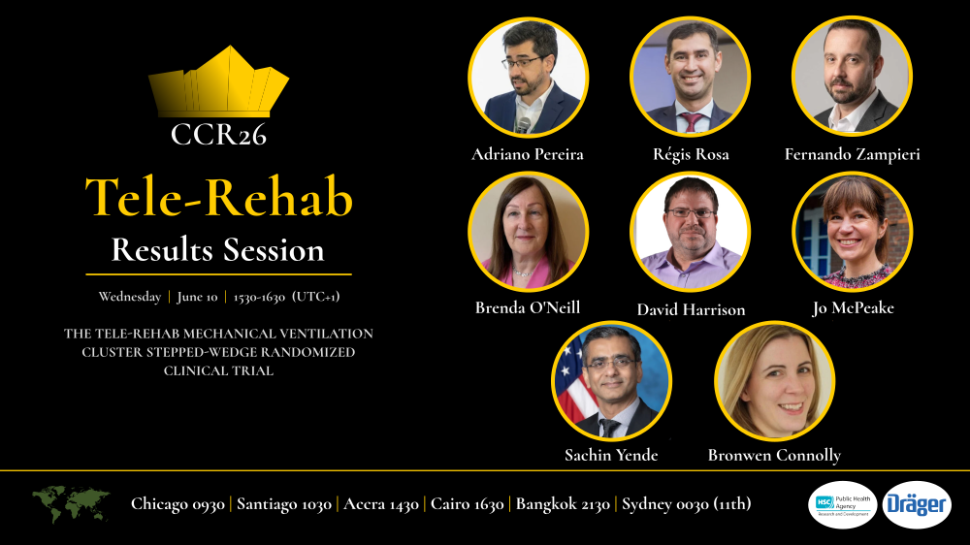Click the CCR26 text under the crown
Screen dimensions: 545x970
(x=218, y=134)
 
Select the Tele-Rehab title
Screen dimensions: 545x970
(x=218, y=197)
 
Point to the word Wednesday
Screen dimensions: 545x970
(x=130, y=297)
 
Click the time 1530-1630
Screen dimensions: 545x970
(x=259, y=297)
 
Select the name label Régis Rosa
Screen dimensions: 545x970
(x=691, y=154)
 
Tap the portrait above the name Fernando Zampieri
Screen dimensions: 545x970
(x=852, y=77)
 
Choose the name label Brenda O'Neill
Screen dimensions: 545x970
(x=528, y=307)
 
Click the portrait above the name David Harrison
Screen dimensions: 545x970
(x=691, y=233)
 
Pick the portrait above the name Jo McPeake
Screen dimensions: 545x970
(x=852, y=233)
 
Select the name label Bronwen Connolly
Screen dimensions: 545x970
(x=774, y=455)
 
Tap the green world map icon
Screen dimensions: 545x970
(x=71, y=503)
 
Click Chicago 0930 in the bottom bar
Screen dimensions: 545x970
(x=178, y=504)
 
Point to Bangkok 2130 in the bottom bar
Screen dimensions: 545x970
(x=563, y=504)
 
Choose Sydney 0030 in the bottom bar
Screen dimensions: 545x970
(x=686, y=504)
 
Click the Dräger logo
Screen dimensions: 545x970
(x=917, y=504)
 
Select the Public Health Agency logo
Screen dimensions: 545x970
(x=842, y=504)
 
